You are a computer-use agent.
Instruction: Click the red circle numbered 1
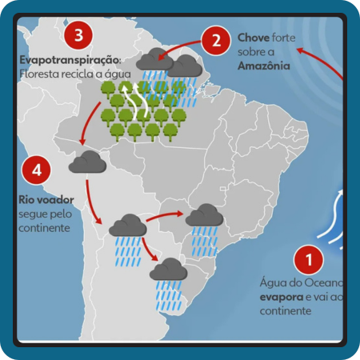309,259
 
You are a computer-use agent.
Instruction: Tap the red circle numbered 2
216,41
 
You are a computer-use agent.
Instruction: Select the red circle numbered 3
78,35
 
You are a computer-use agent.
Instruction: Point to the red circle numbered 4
37,170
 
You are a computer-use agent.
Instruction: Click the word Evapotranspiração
70,60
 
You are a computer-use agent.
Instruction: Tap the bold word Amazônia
264,66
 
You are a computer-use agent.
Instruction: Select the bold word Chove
254,38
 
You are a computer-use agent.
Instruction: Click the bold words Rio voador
46,200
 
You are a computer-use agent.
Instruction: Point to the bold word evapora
282,297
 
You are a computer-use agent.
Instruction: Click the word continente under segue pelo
44,228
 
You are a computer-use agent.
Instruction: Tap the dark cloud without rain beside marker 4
87,162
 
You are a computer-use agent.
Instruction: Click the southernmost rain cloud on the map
168,270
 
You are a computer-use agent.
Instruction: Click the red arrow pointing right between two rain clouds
165,216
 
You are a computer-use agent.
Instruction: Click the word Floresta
36,74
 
